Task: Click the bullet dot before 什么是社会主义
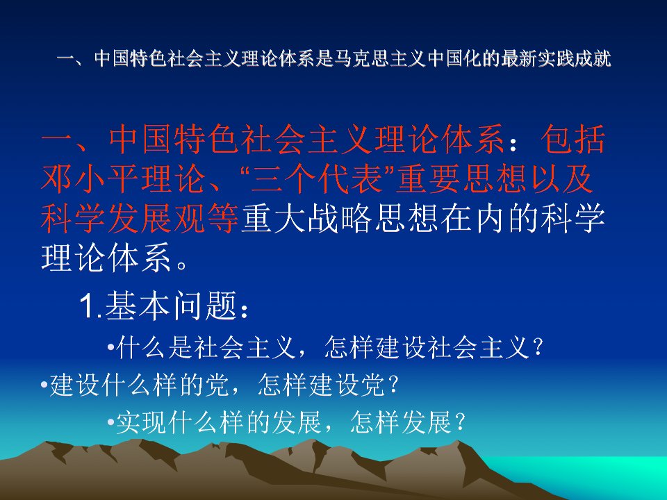(x=111, y=345)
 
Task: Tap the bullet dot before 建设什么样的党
(x=44, y=384)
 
